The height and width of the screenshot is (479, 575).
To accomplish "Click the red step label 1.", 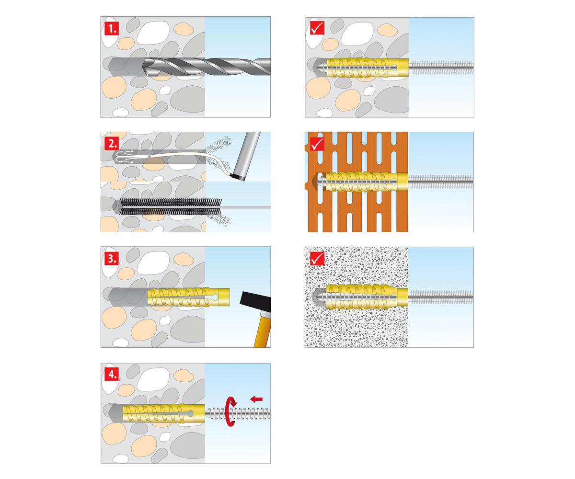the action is click(112, 28).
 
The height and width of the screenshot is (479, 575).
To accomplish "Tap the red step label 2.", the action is click(112, 143).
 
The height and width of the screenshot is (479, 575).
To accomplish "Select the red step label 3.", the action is click(112, 259).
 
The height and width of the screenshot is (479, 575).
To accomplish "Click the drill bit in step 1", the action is click(207, 67).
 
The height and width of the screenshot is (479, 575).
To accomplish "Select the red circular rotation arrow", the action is click(230, 411).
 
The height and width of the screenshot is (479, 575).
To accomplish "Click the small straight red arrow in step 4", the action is click(257, 399).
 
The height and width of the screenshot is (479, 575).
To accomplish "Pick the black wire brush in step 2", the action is click(171, 207).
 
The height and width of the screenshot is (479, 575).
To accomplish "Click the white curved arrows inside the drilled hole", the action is click(125, 157).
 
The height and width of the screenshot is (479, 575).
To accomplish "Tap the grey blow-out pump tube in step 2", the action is click(245, 156).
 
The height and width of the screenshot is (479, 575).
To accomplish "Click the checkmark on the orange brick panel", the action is click(317, 143).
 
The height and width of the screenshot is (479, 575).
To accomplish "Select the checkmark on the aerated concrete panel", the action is click(317, 258).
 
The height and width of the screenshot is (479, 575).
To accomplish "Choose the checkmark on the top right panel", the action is click(317, 28).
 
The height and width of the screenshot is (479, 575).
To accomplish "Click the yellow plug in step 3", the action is click(188, 297).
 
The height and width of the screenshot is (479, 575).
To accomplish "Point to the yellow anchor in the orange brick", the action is click(366, 182).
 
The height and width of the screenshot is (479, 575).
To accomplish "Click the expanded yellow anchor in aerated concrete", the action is click(366, 297).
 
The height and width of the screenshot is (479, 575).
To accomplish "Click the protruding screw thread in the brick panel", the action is click(441, 182).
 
